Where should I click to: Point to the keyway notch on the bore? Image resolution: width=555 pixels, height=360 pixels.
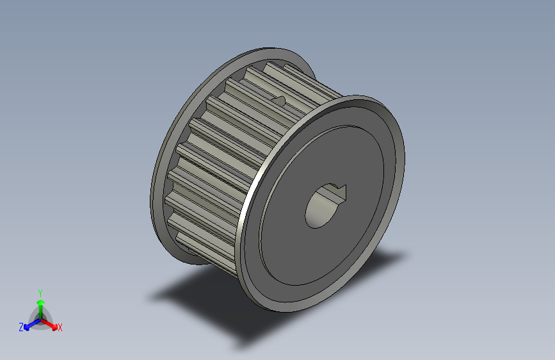(338, 190)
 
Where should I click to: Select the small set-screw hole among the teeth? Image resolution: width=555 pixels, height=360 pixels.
(279, 99)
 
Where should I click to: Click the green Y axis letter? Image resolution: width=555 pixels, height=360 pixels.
(40, 292)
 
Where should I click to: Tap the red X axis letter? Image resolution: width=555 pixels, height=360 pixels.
(60, 328)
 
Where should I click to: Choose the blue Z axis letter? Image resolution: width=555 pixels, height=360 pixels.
(21, 327)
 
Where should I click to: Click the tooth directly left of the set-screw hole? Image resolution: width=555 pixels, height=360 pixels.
(256, 96)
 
